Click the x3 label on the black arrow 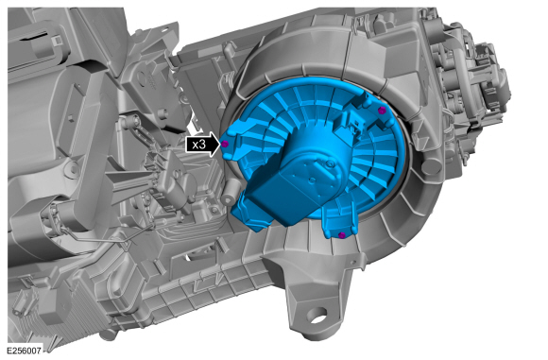(198, 144)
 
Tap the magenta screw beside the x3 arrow (225, 144)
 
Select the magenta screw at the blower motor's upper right (382, 111)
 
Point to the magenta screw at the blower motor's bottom (342, 235)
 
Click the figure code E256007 (25, 351)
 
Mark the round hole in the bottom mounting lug (318, 316)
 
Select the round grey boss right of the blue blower (432, 166)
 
